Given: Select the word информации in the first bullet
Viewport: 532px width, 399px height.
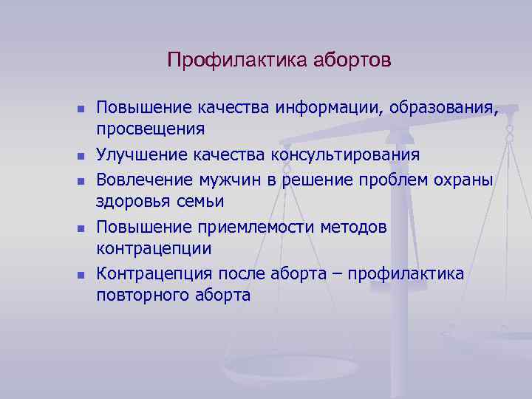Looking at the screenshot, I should click(x=324, y=108).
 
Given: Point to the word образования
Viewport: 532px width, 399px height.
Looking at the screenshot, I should click(x=441, y=108).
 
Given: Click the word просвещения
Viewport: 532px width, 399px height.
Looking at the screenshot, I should click(x=150, y=129).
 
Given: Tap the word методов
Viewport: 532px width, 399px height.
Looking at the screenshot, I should click(x=354, y=227).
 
